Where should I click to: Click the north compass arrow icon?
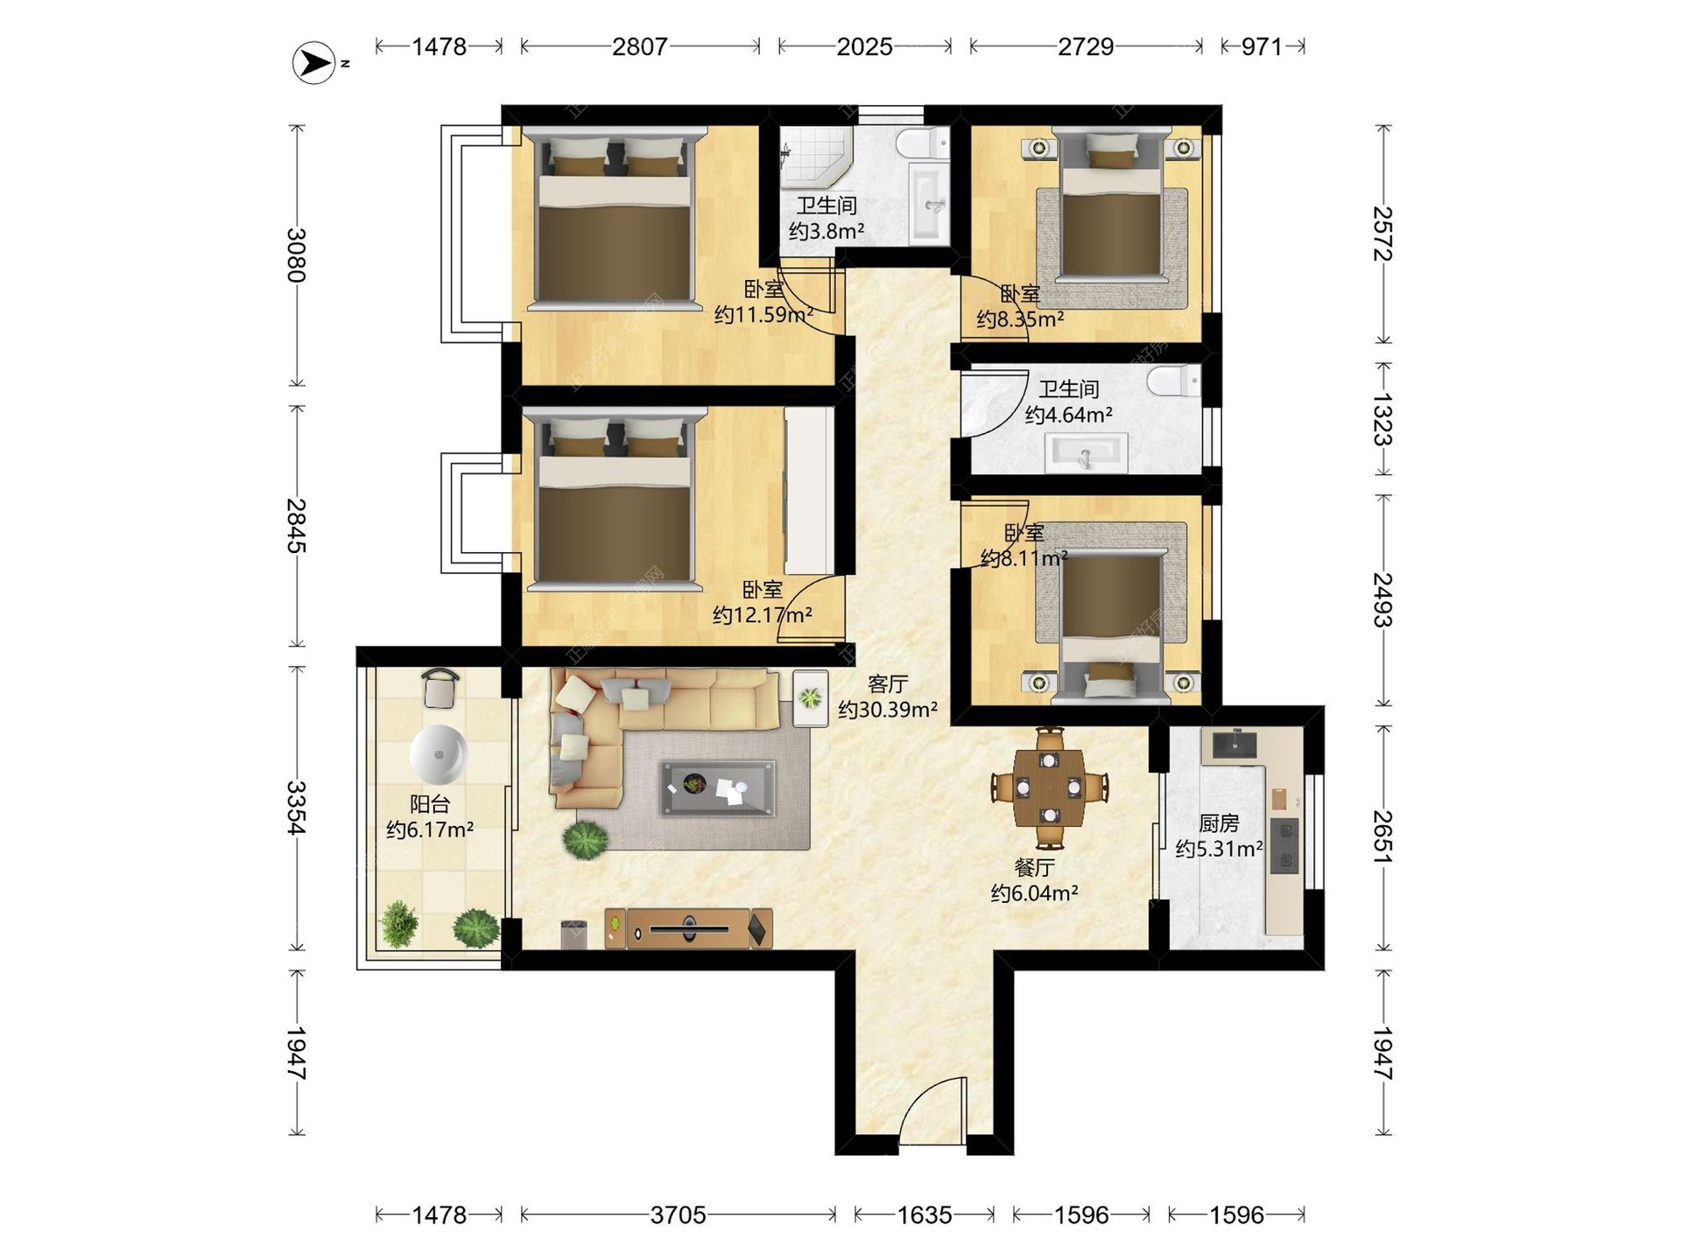(314, 63)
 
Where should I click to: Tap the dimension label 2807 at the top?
(640, 46)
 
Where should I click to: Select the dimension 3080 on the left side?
(297, 255)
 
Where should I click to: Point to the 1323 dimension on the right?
(1382, 420)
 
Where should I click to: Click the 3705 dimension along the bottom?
(678, 1214)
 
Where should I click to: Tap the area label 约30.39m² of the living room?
(888, 710)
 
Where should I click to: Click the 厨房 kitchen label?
(1219, 823)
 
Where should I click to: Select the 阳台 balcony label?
(430, 803)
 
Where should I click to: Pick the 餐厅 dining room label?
(1034, 867)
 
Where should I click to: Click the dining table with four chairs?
(1049, 788)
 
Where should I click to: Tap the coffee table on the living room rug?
(718, 787)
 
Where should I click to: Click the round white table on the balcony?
(438, 754)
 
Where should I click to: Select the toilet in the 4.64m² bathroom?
(1174, 381)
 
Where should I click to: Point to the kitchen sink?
(1234, 744)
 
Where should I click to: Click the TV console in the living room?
(688, 928)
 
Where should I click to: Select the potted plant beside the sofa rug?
(585, 840)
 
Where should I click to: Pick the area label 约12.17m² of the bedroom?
(763, 615)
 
